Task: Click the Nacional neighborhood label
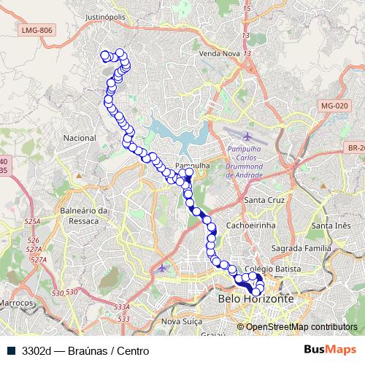point(80,138)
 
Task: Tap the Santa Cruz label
point(265,201)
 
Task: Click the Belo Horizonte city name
point(255,299)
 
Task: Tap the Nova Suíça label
point(180,321)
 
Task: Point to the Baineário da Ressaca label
point(85,215)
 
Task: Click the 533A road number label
point(123,307)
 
